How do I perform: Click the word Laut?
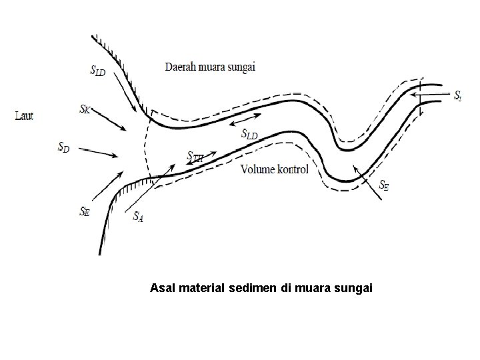coord(24,116)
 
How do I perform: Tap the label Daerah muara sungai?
coord(211,66)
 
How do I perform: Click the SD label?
coord(63,146)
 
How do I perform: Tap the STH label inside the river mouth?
coord(196,158)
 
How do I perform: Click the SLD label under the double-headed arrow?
coord(249,135)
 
